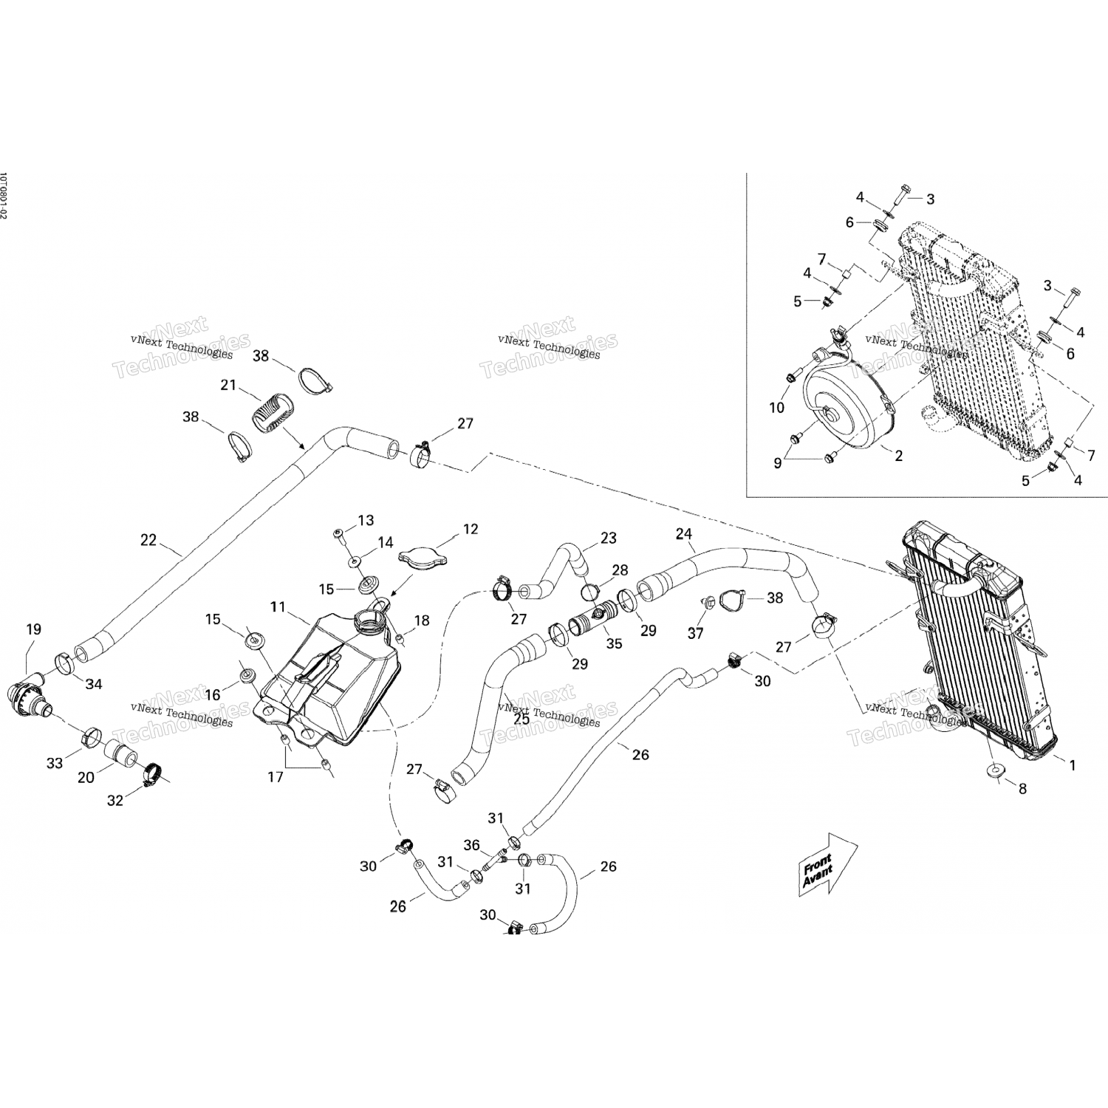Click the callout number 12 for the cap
tap(471, 529)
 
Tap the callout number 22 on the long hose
tap(148, 540)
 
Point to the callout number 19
tap(34, 629)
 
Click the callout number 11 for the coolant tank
tap(278, 607)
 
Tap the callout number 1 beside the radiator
tap(1073, 765)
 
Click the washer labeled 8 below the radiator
tap(994, 770)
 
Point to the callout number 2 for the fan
tap(899, 456)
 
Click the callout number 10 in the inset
tap(776, 408)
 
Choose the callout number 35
tap(615, 643)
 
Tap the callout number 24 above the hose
tap(684, 533)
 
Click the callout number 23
tap(608, 538)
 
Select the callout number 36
tap(471, 845)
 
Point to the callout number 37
tap(695, 633)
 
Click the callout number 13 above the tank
tap(366, 521)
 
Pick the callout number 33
tap(55, 763)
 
